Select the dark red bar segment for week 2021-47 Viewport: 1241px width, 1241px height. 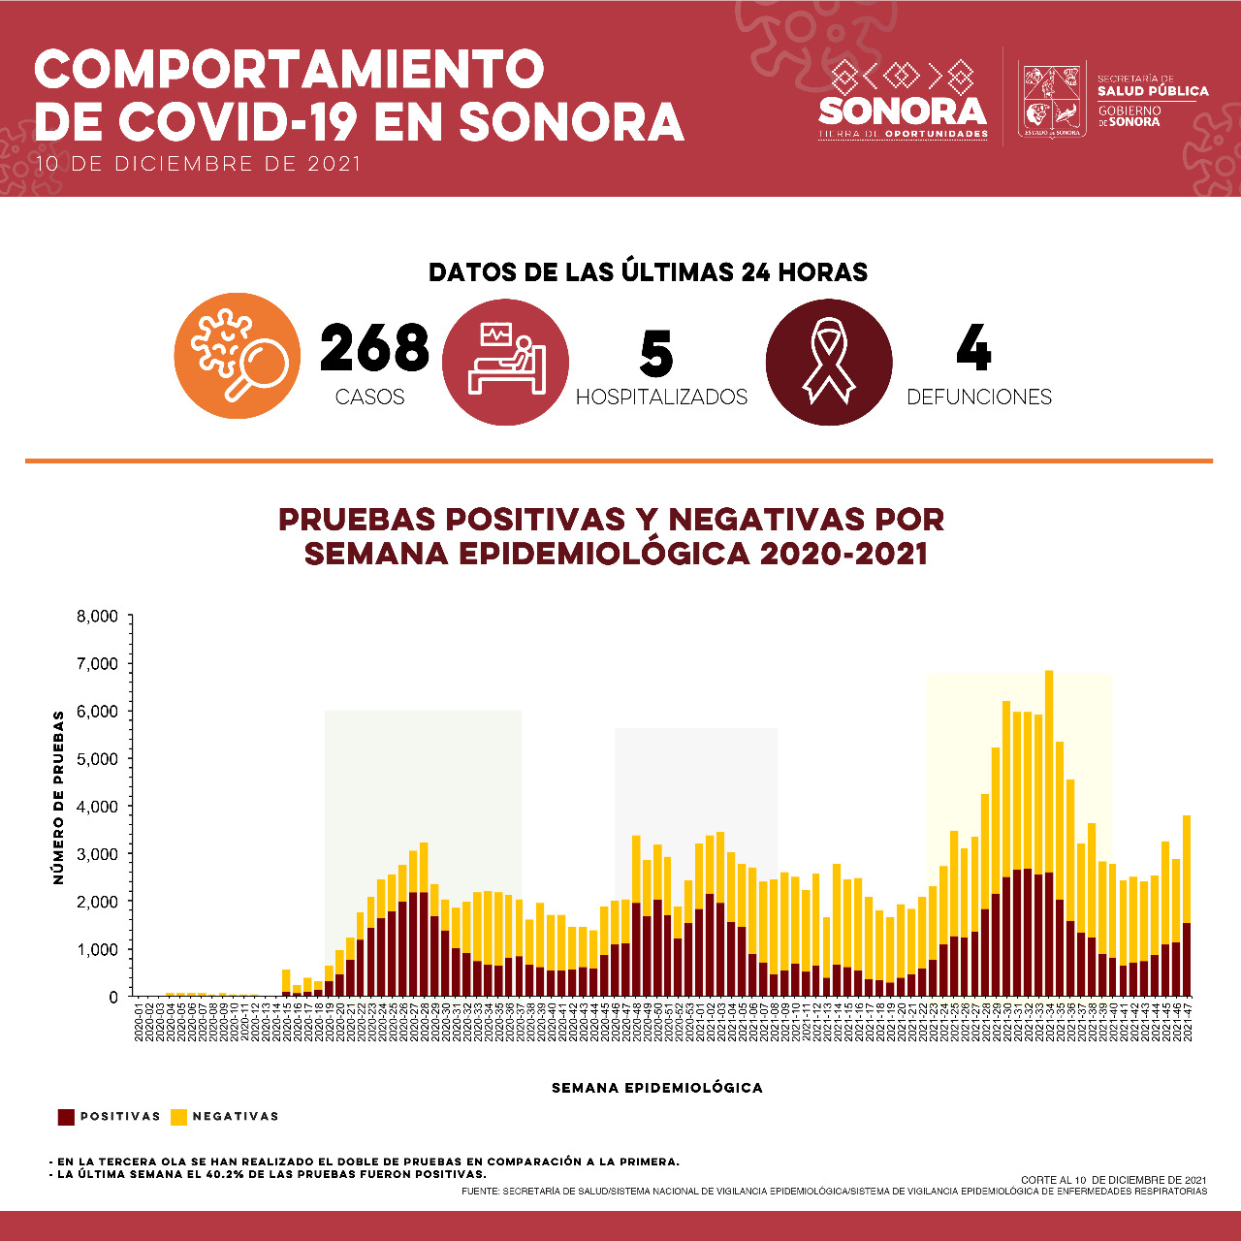pyautogui.click(x=1187, y=960)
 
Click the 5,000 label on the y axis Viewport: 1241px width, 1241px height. pyautogui.click(x=98, y=759)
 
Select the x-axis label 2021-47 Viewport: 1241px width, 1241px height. pyautogui.click(x=1187, y=1022)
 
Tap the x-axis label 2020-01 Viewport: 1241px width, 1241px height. pyautogui.click(x=139, y=1022)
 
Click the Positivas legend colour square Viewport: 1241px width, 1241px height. pyautogui.click(x=66, y=1117)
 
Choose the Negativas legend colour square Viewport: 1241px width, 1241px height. pyautogui.click(x=178, y=1117)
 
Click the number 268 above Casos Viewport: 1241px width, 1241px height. pyautogui.click(x=374, y=349)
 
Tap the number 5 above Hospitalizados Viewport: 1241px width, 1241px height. pyautogui.click(x=656, y=354)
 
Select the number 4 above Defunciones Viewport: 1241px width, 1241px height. pyautogui.click(x=973, y=349)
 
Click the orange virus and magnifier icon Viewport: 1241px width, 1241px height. pyautogui.click(x=238, y=356)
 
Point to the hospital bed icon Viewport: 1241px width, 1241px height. pyautogui.click(x=505, y=362)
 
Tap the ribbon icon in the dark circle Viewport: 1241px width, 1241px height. pyautogui.click(x=829, y=362)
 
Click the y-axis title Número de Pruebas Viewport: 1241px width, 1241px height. pyautogui.click(x=59, y=797)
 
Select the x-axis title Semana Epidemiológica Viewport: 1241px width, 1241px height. pyautogui.click(x=657, y=1088)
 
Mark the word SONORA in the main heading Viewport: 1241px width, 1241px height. pyautogui.click(x=571, y=122)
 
